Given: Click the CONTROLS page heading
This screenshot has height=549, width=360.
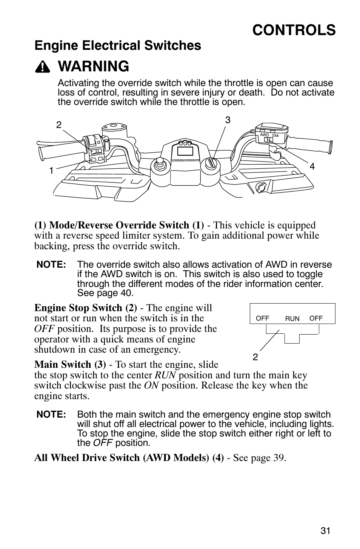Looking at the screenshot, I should [x=294, y=30].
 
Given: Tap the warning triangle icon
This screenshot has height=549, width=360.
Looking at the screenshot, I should [x=44, y=67].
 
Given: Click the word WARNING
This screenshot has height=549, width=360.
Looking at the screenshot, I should [x=94, y=66].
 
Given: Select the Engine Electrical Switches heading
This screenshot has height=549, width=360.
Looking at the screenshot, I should [x=118, y=46].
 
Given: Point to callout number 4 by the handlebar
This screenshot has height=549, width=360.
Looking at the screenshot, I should [x=312, y=166].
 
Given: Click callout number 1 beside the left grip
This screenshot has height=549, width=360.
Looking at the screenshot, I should [x=51, y=171].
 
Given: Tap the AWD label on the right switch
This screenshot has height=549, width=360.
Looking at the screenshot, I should [x=265, y=135].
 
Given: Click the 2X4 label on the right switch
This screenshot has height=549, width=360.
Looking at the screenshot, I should [x=275, y=135].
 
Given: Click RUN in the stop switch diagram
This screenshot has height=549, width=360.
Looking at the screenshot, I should [x=292, y=319].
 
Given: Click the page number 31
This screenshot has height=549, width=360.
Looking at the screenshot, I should [x=325, y=530].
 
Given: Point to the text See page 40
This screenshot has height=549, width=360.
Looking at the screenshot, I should [x=105, y=293].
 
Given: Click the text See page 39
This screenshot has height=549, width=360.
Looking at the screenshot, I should [x=259, y=458].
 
